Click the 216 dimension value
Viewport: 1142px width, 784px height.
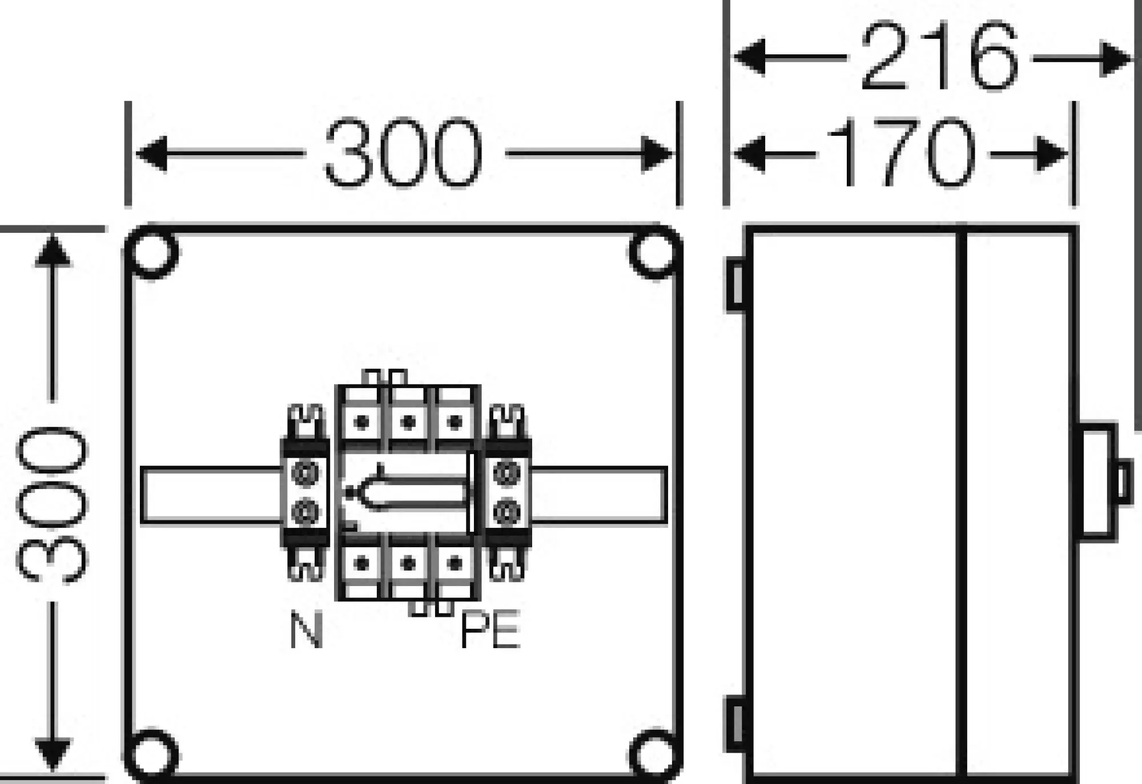[x=939, y=57]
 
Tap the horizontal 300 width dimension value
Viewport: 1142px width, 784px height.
[x=403, y=153]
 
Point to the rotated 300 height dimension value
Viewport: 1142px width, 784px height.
[x=53, y=504]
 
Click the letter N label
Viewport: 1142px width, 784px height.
[x=307, y=630]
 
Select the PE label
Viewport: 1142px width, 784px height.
[x=490, y=630]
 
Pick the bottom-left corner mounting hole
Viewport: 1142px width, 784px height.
[x=152, y=755]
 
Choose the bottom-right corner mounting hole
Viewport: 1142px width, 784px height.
[x=654, y=755]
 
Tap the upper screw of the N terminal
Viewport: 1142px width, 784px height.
[x=305, y=474]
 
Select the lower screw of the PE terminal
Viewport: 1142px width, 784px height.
[x=506, y=512]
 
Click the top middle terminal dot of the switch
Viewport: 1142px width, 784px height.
[x=408, y=423]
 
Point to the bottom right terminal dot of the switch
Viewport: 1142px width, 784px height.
[x=455, y=564]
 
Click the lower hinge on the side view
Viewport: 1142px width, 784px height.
[x=736, y=725]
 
